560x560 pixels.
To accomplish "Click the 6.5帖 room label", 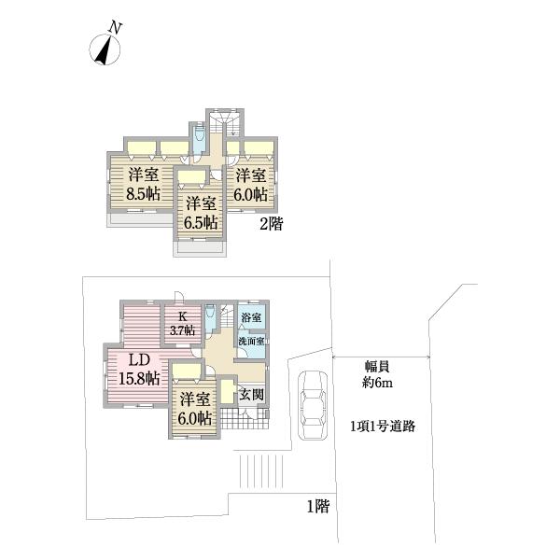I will click(x=202, y=213).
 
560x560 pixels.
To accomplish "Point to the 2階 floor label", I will click(x=271, y=224).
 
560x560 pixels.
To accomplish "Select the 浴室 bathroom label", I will click(x=251, y=318).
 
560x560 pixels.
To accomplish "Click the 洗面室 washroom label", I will click(x=252, y=341).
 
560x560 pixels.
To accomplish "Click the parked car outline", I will click(x=310, y=403).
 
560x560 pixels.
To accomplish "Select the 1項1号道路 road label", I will click(x=383, y=426).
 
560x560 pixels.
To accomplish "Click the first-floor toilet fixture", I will click(x=211, y=321).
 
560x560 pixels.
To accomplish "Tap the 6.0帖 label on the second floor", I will click(x=251, y=185).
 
